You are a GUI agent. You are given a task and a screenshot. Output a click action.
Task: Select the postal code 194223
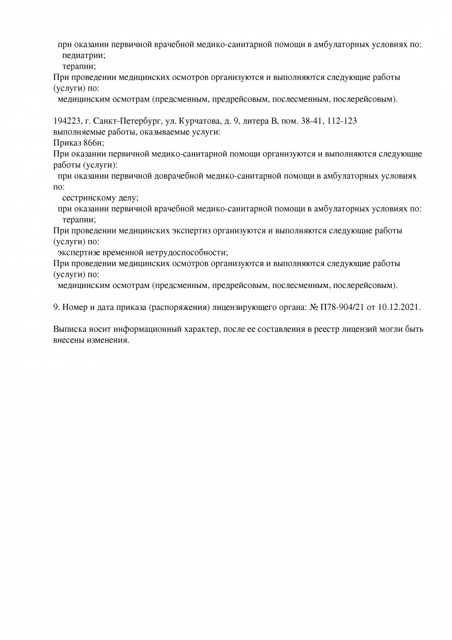[x=67, y=121]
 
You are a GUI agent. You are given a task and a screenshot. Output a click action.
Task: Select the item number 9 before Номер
[x=57, y=308]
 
